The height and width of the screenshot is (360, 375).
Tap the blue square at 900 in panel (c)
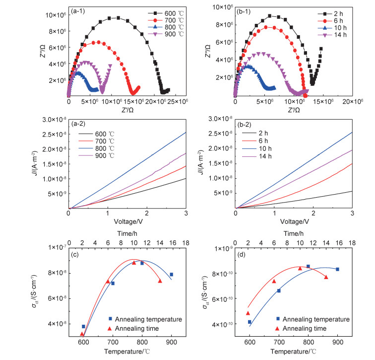[172, 275]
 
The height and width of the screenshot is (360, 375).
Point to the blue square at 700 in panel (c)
[113, 284]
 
